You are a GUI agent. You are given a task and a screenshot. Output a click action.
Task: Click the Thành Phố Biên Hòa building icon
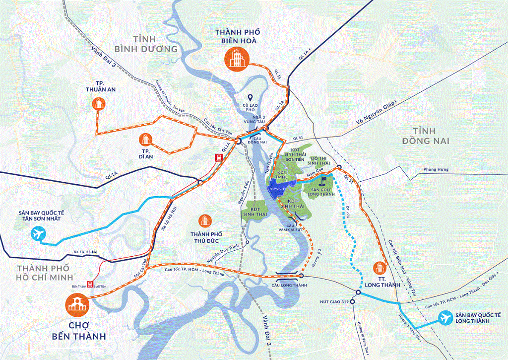pyautogui.click(x=236, y=58)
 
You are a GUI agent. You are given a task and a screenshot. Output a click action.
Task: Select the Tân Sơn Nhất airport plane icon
pyautogui.click(x=37, y=233)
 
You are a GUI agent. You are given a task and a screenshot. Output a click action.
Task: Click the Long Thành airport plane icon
pyautogui.click(x=446, y=317)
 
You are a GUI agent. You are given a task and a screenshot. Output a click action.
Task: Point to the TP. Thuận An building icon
pyautogui.click(x=98, y=103)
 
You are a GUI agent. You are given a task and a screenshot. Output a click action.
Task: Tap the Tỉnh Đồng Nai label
pyautogui.click(x=426, y=136)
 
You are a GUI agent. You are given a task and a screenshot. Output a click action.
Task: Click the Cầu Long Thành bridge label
pyautogui.click(x=289, y=285)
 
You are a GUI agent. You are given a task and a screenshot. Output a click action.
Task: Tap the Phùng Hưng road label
pyautogui.click(x=436, y=170)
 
